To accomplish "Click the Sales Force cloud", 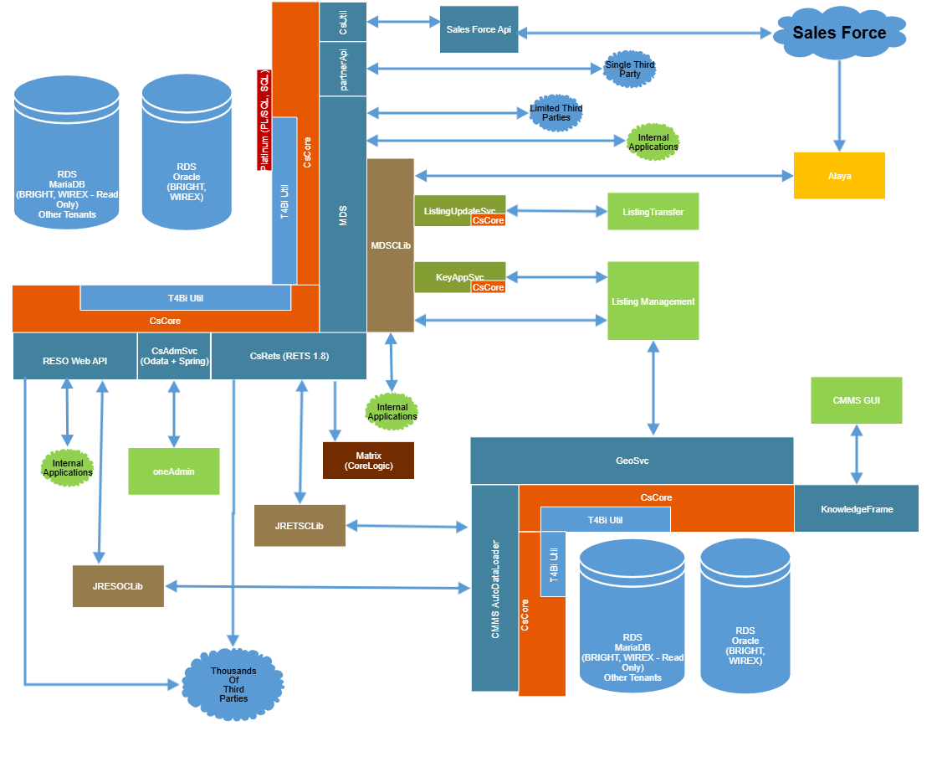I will pos(839,34).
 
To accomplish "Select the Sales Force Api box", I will pos(485,30).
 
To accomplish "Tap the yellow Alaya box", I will pos(839,176).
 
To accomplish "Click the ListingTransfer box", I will pos(653,212).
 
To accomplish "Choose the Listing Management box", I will pos(653,301).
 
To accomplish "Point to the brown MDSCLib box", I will pos(391,245).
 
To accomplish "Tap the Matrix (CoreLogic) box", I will pos(368,461).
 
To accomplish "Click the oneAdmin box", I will pos(173,471).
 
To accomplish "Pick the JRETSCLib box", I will pos(300,526).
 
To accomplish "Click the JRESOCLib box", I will pos(118,586).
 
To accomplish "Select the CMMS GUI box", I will pos(856,399).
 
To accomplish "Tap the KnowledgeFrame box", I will pos(856,508).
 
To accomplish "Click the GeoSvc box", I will pos(632,461).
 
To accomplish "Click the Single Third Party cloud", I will pos(630,70).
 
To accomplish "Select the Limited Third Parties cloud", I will pos(556,112).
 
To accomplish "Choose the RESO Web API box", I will pos(74,356).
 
